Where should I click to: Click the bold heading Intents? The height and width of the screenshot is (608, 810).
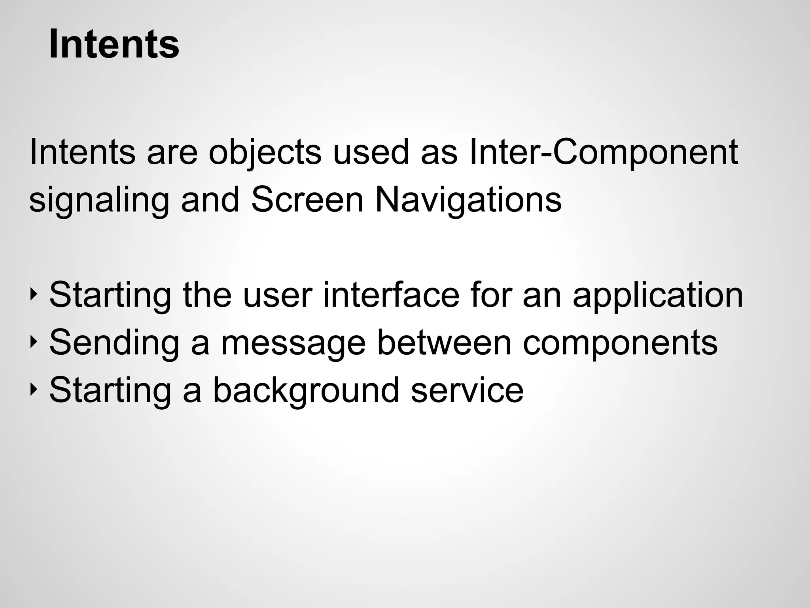tap(114, 44)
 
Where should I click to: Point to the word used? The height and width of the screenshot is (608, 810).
tap(371, 152)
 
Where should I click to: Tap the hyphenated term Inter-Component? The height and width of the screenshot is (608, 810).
tap(603, 153)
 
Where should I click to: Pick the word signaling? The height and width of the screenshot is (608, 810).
tap(99, 200)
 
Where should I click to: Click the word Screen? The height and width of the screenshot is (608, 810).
tap(307, 199)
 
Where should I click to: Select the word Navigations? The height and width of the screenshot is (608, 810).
tap(468, 200)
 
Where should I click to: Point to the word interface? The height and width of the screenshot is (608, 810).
tap(391, 294)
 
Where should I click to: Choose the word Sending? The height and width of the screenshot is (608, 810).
tap(114, 343)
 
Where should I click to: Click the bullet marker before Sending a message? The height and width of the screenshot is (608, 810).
tap(33, 341)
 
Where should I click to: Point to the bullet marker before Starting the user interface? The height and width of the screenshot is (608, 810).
tap(33, 294)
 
